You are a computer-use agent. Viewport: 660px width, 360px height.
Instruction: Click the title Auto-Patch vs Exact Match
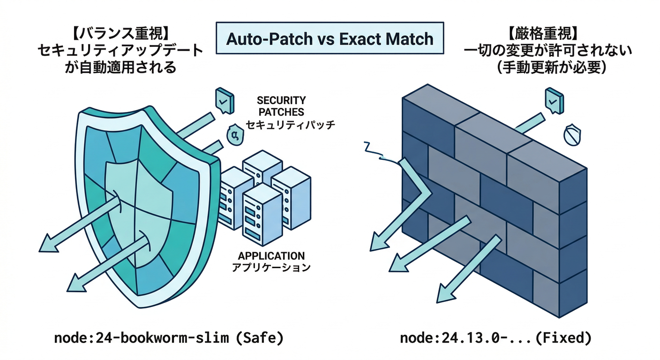click(x=330, y=38)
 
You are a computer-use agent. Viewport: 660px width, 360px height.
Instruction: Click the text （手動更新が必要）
click(x=544, y=67)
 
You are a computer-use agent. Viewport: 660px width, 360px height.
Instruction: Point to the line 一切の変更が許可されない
click(x=544, y=51)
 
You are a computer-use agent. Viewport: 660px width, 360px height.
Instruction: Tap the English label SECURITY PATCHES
click(x=281, y=106)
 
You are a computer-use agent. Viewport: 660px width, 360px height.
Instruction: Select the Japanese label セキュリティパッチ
click(x=291, y=125)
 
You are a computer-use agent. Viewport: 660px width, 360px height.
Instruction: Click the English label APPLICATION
click(x=271, y=256)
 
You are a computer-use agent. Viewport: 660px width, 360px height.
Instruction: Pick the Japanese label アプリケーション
click(x=272, y=268)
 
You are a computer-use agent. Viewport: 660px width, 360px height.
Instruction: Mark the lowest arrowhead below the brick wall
click(x=444, y=294)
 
